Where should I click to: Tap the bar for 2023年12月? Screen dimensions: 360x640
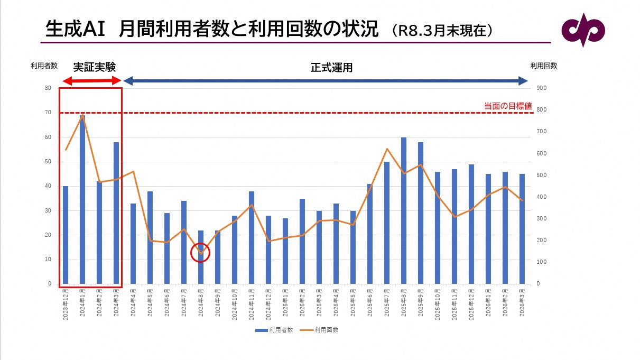[x=66, y=235]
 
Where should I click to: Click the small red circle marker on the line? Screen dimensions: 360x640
[x=201, y=253]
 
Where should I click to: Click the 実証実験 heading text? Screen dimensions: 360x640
[x=94, y=67]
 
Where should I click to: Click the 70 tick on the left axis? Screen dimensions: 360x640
[x=48, y=113]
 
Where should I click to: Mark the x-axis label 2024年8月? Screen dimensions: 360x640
[x=201, y=302]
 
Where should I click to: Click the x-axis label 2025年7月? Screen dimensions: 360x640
[x=387, y=302]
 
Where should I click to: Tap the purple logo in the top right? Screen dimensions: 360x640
[x=583, y=30]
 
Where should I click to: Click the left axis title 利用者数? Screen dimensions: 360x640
[x=44, y=66]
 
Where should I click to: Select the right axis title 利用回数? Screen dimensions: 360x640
[x=543, y=66]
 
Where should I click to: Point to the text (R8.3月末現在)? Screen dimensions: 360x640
[x=443, y=31]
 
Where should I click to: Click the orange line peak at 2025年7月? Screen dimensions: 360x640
[x=387, y=149]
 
